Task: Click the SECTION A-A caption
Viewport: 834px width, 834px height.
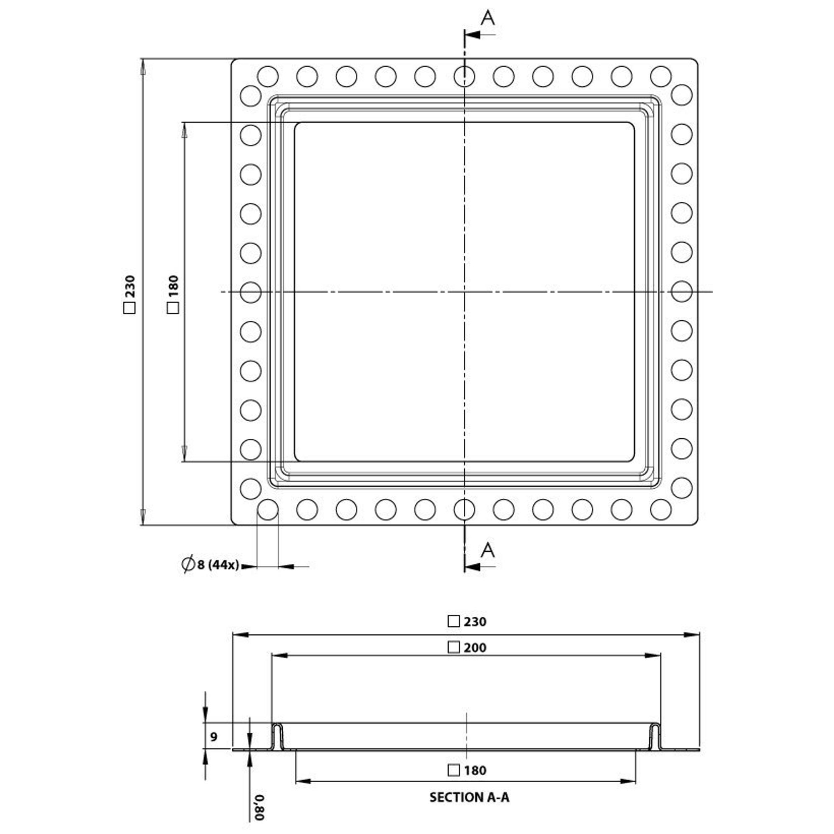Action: [469, 797]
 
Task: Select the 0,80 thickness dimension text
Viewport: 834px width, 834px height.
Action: [259, 807]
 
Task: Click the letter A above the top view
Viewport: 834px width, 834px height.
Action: [488, 18]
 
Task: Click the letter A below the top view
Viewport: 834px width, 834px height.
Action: [488, 550]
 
